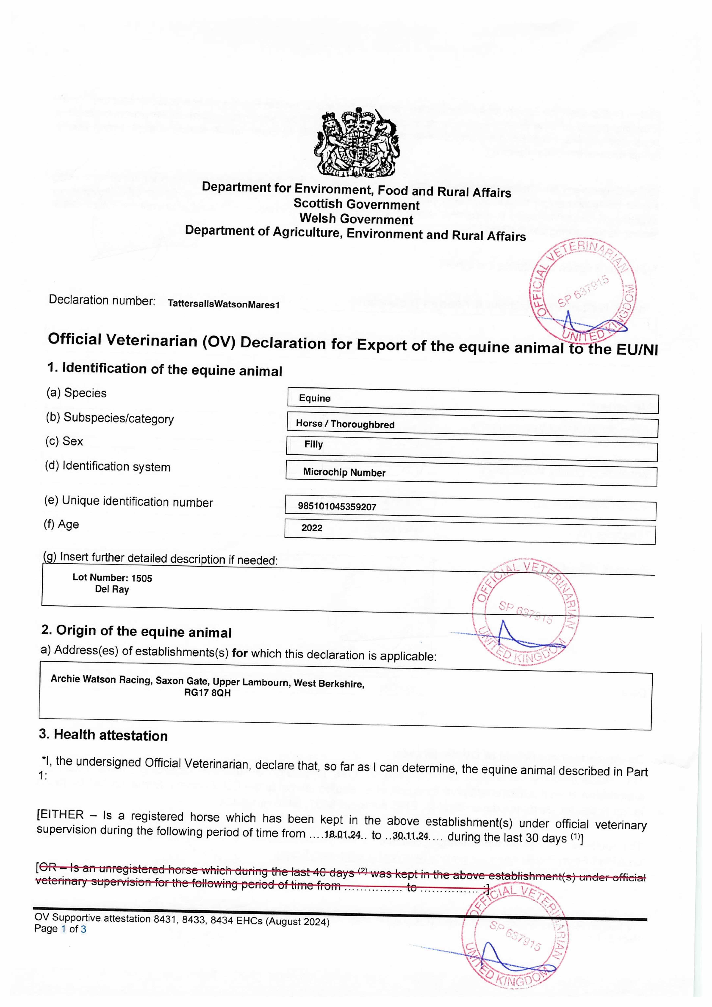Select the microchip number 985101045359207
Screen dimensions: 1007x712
coord(337,507)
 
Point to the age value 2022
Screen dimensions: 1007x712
coord(312,528)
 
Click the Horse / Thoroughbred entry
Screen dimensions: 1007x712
coord(345,424)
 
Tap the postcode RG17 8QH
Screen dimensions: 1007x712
coord(207,693)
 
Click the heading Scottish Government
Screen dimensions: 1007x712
coord(357,204)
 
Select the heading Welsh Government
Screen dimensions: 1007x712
coord(357,219)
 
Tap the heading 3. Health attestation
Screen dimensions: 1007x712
coord(104,736)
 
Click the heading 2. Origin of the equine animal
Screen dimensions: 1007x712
coord(136,631)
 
